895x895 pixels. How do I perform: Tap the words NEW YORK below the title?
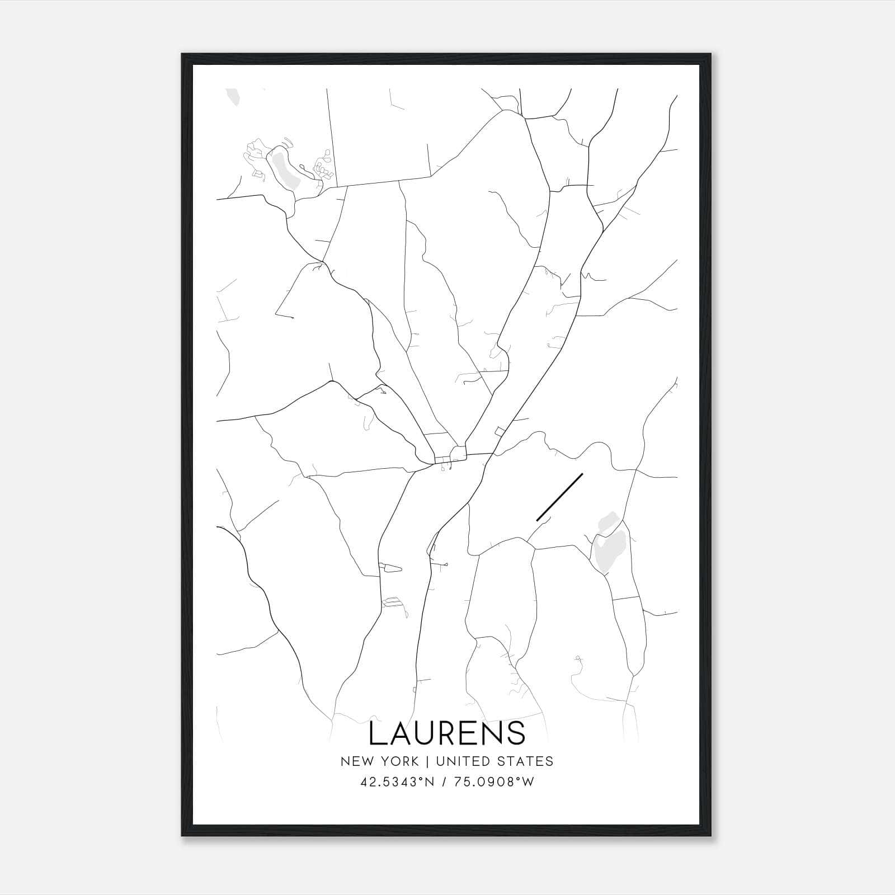[379, 761]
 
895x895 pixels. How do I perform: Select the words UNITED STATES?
[494, 761]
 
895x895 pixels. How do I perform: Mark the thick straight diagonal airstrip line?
[559, 497]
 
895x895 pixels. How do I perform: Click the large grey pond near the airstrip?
[605, 552]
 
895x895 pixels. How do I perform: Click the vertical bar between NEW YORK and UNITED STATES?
[427, 761]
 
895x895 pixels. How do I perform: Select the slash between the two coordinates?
[443, 782]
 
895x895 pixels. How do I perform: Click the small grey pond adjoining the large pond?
[606, 523]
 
